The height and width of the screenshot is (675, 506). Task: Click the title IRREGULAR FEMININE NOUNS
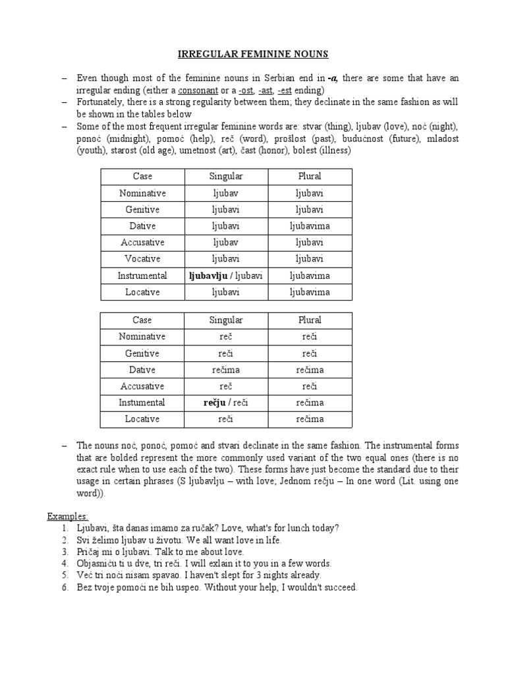pos(252,54)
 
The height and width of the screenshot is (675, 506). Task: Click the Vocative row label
pos(142,259)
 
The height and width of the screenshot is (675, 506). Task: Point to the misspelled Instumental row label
pos(142,402)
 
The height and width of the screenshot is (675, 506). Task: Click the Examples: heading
pos(67,515)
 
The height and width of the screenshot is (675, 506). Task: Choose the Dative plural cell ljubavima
pos(310,226)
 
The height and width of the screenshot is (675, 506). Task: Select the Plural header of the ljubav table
pos(310,177)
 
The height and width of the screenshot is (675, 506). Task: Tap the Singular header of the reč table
pos(226,320)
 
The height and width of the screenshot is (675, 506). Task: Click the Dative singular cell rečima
pos(226,370)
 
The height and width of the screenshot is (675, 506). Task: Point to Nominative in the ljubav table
pos(142,193)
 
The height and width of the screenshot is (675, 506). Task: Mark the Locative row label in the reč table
pos(142,419)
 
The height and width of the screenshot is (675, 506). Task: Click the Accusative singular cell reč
pos(226,386)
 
